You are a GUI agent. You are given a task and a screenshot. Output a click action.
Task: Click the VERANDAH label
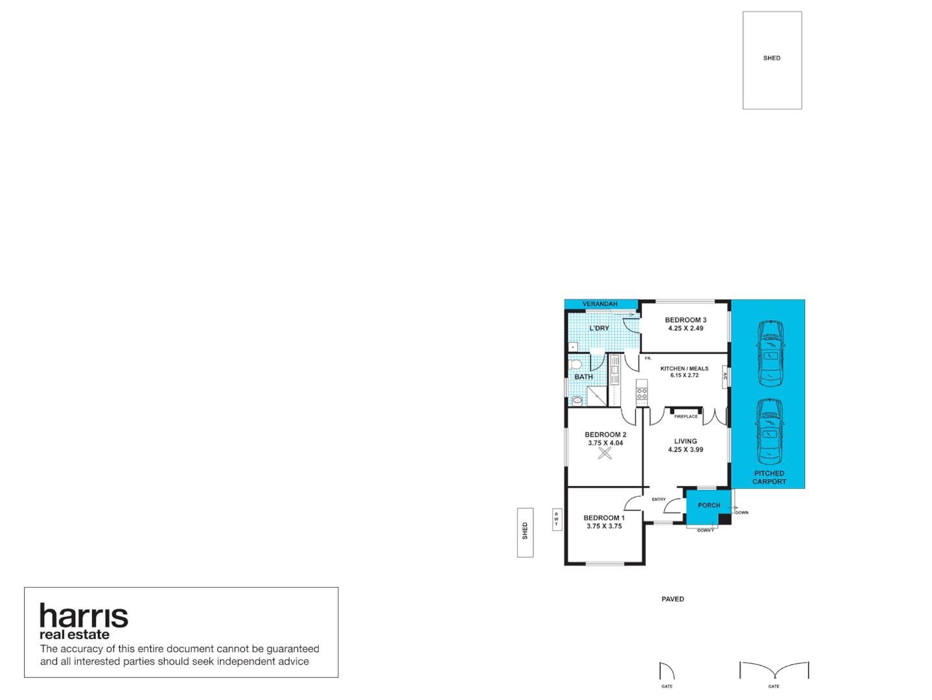[x=600, y=304]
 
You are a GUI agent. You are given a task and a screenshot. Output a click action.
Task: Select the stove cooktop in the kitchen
[x=642, y=393]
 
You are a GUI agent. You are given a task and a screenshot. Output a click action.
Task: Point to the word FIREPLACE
[x=686, y=416]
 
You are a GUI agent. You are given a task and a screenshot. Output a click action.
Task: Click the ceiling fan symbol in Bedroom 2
[x=605, y=453]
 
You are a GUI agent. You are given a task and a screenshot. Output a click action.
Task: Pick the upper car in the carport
[x=771, y=353]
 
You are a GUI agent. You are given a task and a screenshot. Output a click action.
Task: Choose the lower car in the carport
[x=769, y=432]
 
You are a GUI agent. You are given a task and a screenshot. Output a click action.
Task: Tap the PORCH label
[x=709, y=506]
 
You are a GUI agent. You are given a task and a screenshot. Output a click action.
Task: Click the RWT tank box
[x=556, y=519]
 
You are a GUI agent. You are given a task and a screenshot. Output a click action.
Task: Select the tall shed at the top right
[x=772, y=60]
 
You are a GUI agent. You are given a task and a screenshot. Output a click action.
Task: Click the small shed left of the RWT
[x=525, y=532]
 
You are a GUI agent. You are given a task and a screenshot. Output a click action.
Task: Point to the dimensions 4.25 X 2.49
[x=686, y=329]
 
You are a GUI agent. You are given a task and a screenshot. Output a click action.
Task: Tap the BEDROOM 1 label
[x=604, y=518]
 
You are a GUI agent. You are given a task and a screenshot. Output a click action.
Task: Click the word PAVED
[x=673, y=599]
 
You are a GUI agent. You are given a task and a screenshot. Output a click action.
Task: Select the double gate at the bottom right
[x=774, y=671]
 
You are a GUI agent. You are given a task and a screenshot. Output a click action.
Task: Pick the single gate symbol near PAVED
[x=666, y=671]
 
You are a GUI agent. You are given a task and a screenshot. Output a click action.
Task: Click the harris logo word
[x=84, y=616]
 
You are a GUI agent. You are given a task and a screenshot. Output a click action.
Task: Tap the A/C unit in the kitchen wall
[x=725, y=376]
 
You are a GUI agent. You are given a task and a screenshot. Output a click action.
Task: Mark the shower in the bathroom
[x=596, y=396]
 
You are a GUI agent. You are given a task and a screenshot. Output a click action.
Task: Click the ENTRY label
[x=658, y=499]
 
